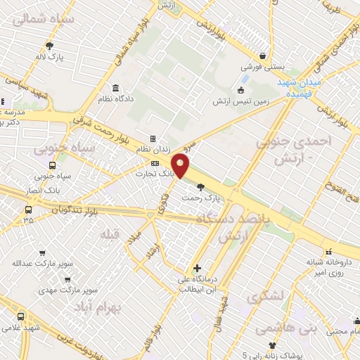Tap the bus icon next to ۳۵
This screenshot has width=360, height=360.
coord(28,210)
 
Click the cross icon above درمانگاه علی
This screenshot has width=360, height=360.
coord(197,268)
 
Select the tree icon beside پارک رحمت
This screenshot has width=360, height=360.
coord(202,187)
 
